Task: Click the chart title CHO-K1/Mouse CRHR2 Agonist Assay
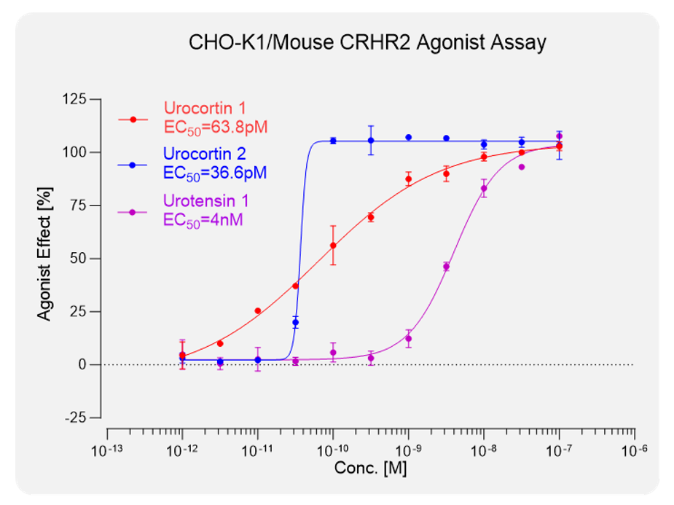click(x=367, y=43)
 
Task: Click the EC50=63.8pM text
click(x=216, y=126)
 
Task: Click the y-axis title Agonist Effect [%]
click(x=45, y=259)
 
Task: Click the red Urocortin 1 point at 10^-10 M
click(x=333, y=246)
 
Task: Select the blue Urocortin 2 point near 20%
click(x=295, y=322)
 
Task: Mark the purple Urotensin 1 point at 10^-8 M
click(x=484, y=189)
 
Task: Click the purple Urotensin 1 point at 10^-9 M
click(x=408, y=339)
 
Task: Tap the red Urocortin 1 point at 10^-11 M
click(x=257, y=311)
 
